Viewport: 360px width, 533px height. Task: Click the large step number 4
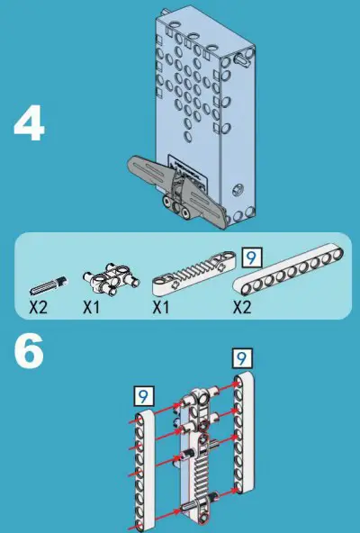29,126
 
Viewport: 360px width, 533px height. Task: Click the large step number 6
29,354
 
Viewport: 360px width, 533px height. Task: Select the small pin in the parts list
47,285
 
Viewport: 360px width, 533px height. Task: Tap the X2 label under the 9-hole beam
241,307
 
